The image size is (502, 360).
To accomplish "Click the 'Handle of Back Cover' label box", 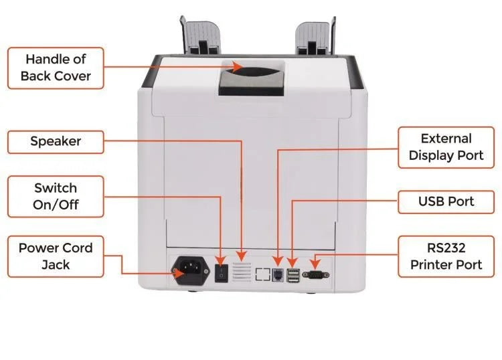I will click(x=56, y=68).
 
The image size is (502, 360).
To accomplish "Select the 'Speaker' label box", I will click(x=56, y=142).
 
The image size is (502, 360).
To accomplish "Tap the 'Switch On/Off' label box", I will click(x=56, y=196).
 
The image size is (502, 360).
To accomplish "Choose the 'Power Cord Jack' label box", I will click(x=56, y=256).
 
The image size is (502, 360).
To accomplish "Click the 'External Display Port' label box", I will click(x=446, y=147).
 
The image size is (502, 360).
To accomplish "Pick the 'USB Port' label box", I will click(x=446, y=201).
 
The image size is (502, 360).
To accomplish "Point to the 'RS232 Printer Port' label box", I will click(x=446, y=256).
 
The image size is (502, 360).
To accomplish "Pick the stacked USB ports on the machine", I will click(x=293, y=274).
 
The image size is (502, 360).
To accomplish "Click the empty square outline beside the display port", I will click(x=263, y=274).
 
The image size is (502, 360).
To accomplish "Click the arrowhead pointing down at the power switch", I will click(x=221, y=259).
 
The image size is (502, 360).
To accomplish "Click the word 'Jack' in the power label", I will click(x=56, y=264).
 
